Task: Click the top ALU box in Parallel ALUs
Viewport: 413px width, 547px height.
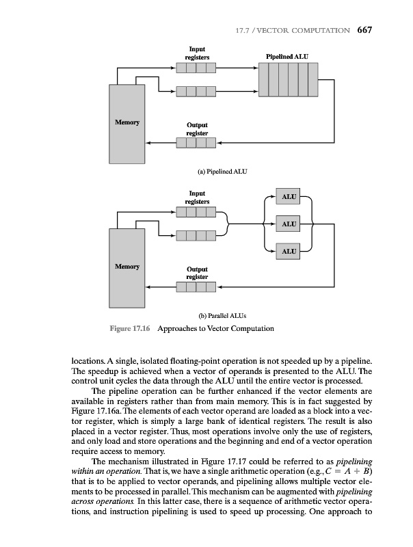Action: point(289,197)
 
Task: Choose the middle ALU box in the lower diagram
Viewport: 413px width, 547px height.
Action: point(289,224)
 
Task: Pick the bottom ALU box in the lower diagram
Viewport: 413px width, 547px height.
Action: point(289,252)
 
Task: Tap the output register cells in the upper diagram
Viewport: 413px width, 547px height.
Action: point(196,143)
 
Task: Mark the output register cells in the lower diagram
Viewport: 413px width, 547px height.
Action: point(196,287)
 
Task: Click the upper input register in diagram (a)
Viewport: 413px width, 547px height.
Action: point(196,68)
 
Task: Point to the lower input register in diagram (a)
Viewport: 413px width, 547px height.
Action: point(196,91)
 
